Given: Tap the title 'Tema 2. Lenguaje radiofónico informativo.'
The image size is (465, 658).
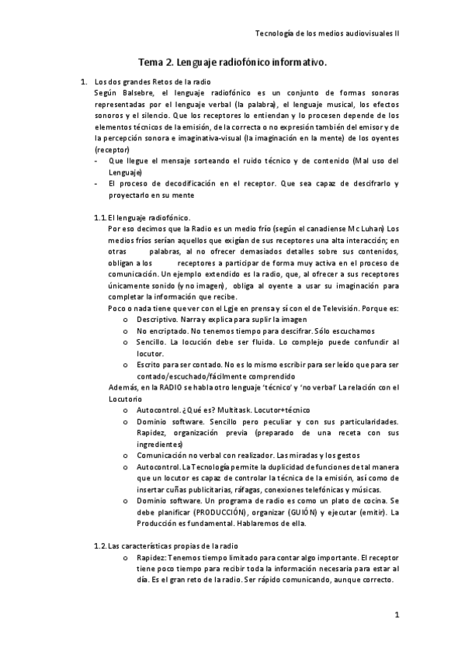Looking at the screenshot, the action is click(232, 61).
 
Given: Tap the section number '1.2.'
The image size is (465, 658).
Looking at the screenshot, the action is click(99, 548).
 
